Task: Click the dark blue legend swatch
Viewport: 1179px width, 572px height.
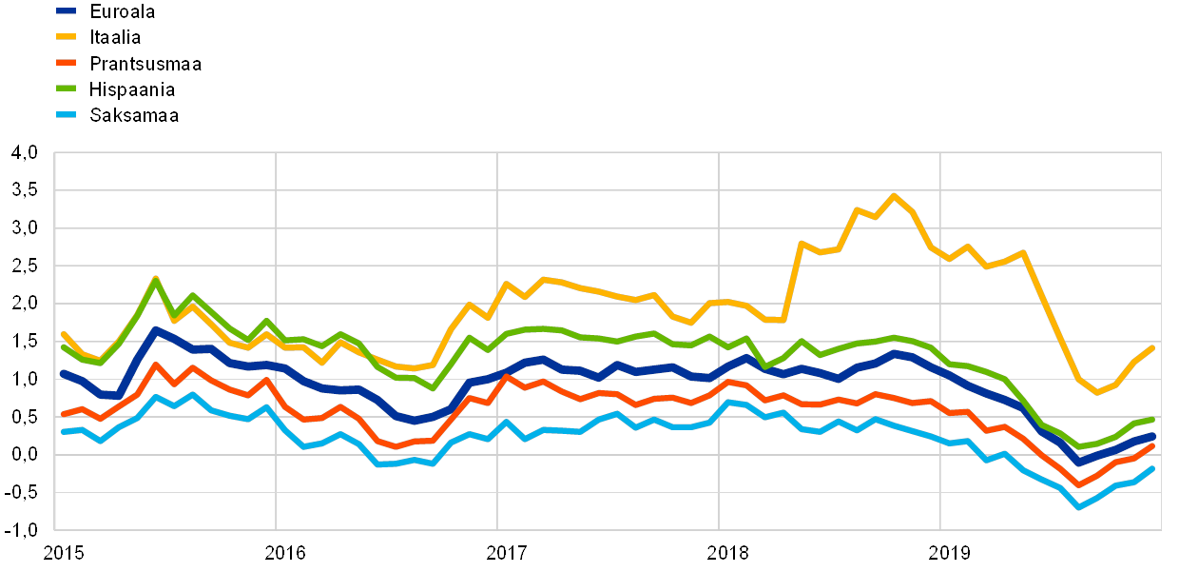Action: [x=67, y=11]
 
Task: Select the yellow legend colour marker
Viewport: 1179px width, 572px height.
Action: [x=67, y=37]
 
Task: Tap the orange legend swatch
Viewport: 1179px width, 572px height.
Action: [x=67, y=64]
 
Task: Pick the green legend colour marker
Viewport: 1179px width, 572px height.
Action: [x=67, y=89]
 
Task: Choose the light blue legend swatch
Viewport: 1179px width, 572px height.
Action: [x=67, y=115]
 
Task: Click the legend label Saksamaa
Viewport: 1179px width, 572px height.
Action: [x=135, y=115]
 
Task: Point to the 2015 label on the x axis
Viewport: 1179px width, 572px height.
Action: [x=64, y=552]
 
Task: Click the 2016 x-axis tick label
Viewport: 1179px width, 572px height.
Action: [x=284, y=552]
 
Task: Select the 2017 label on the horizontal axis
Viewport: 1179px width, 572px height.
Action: [x=506, y=552]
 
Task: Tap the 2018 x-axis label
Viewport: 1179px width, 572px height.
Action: [x=727, y=552]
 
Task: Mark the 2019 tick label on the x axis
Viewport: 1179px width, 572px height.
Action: [x=949, y=552]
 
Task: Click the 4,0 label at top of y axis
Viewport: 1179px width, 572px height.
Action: [x=26, y=152]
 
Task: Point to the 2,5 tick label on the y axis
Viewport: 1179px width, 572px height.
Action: [x=26, y=266]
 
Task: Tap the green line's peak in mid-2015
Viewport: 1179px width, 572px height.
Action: [x=155, y=278]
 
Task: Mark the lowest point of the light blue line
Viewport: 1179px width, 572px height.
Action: [x=1078, y=507]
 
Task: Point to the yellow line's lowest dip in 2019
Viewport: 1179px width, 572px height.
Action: [x=1096, y=392]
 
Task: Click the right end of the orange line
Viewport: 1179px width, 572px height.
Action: [x=1152, y=445]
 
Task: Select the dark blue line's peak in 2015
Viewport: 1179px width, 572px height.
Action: [x=156, y=329]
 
